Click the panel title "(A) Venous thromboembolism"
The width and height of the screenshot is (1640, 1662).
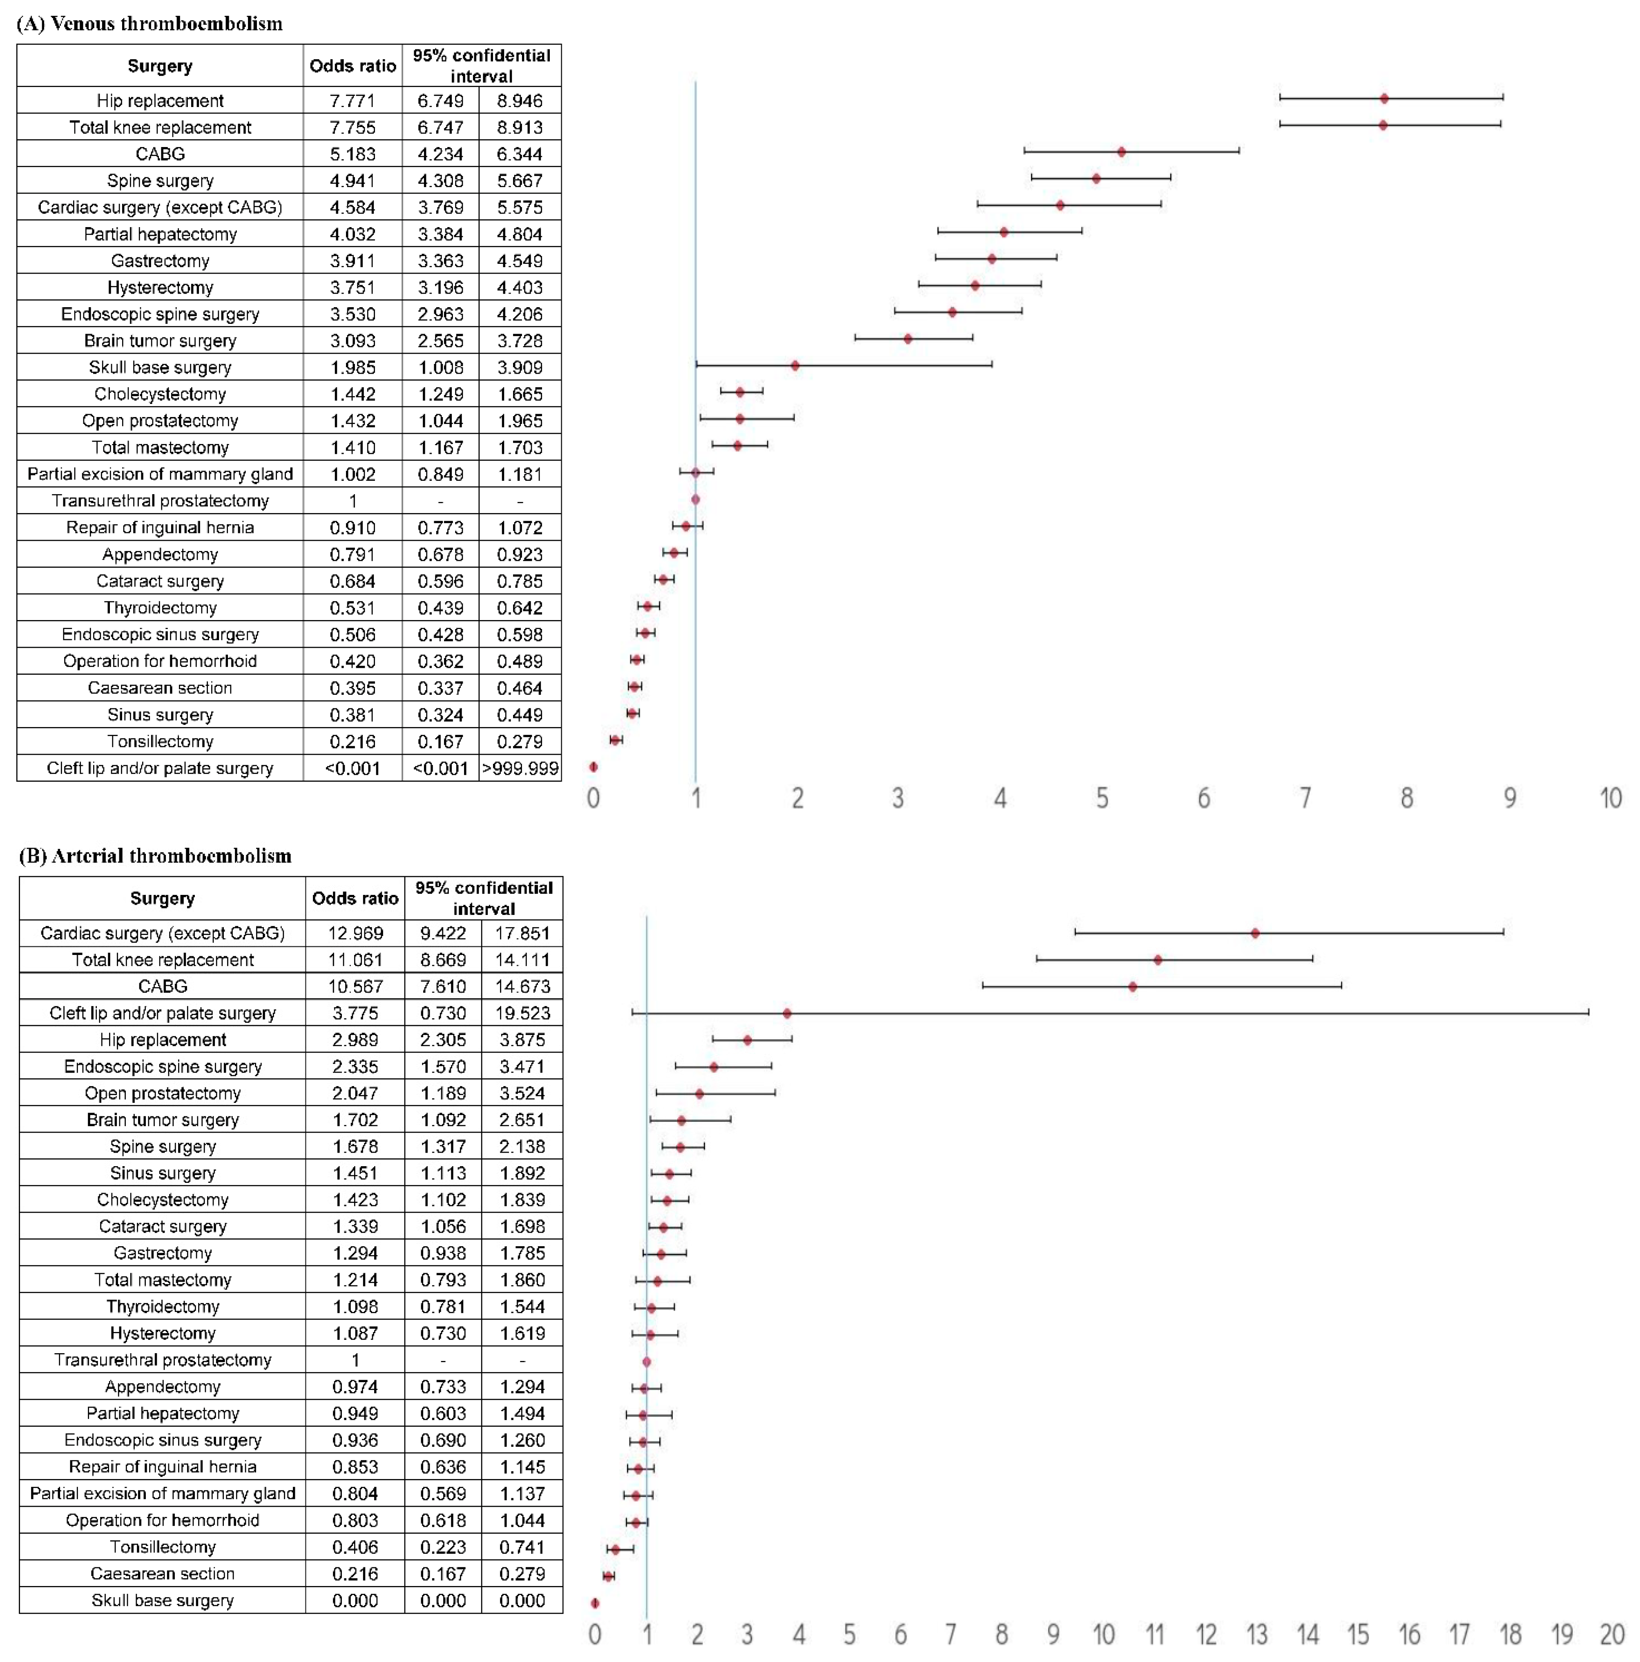(150, 23)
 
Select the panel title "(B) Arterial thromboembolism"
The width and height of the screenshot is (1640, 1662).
(155, 856)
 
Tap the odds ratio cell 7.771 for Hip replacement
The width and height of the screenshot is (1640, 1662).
(352, 100)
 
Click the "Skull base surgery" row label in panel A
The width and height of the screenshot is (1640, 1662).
(160, 367)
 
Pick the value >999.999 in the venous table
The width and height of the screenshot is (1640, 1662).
(520, 768)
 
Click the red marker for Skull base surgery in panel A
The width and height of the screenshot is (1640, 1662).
(795, 366)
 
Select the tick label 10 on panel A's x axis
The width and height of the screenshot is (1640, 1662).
(1610, 798)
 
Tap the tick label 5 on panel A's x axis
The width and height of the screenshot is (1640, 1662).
(1101, 798)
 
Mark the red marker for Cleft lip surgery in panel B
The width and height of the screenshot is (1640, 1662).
(786, 1013)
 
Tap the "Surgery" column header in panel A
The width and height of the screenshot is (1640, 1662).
(160, 66)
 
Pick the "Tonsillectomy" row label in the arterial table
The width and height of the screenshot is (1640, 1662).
(163, 1547)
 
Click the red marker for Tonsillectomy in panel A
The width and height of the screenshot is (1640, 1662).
(615, 740)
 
